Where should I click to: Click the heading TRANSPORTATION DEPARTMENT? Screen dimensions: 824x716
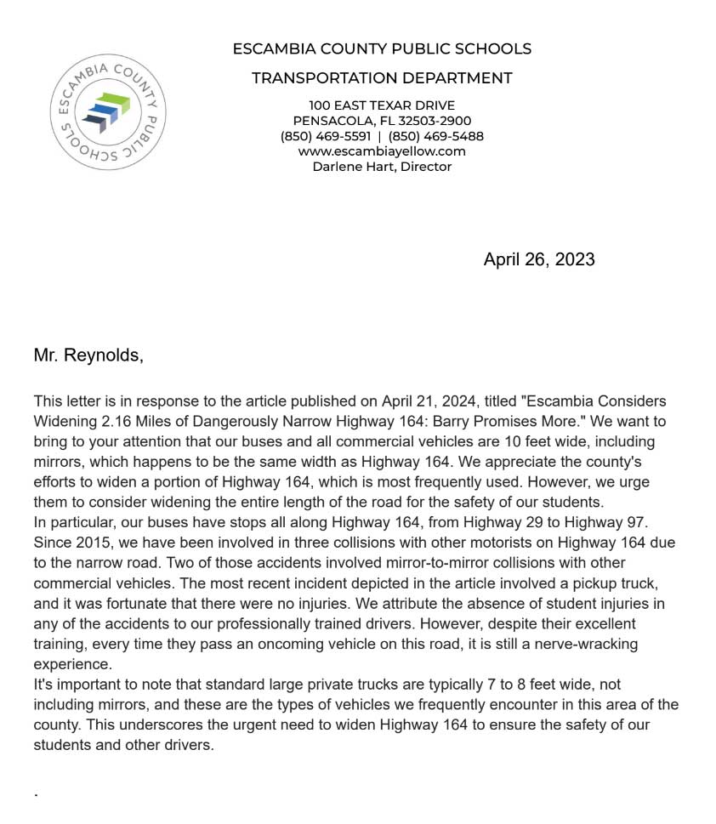coord(382,78)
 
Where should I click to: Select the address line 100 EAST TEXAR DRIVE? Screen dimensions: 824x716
coord(382,105)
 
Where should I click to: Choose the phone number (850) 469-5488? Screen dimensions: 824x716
coord(435,136)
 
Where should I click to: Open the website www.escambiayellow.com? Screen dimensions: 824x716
coord(382,151)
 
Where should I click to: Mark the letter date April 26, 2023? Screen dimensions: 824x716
coord(539,259)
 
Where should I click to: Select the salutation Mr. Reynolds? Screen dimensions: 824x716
coord(88,355)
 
